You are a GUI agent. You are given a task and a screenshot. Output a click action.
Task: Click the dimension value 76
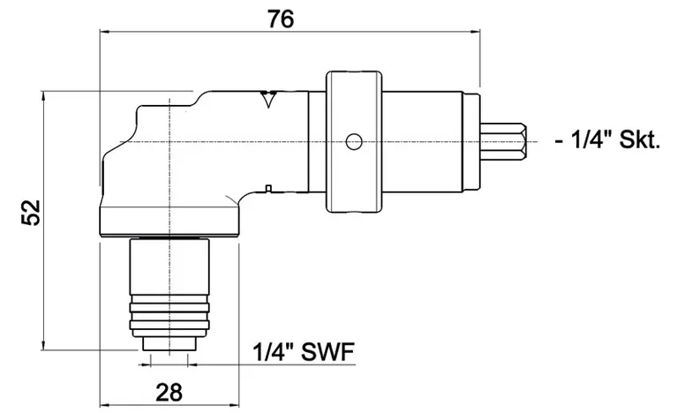coord(282,16)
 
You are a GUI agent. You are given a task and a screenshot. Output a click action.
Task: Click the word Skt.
coord(642,140)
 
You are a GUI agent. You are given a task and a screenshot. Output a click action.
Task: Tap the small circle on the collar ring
coord(354,140)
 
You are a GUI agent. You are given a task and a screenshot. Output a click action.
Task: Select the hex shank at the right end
coord(507,140)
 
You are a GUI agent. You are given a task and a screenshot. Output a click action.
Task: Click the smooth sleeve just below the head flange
coord(169,265)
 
